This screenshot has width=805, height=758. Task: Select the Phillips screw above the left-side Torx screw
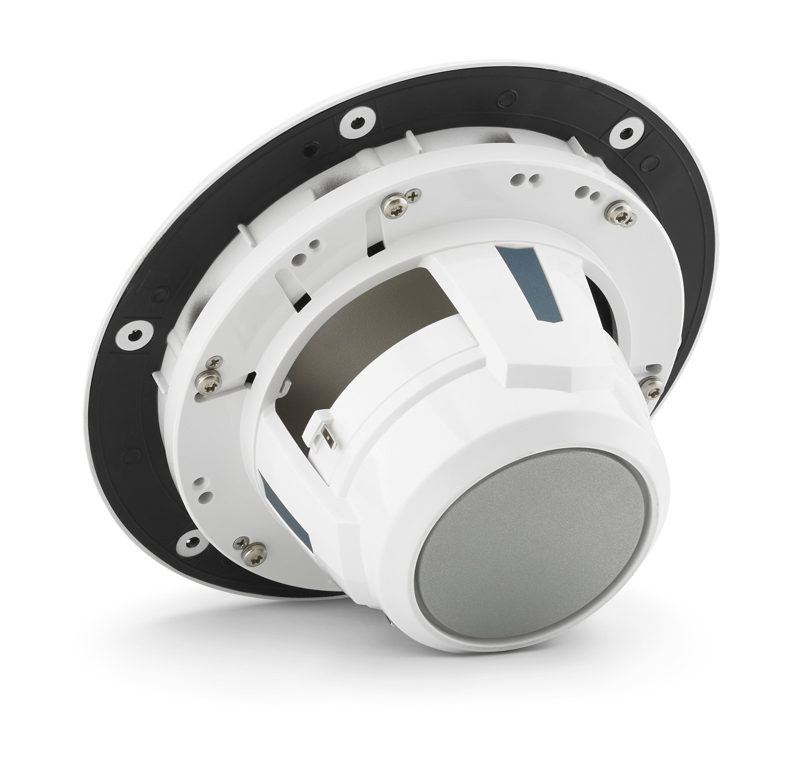pyautogui.click(x=213, y=360)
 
